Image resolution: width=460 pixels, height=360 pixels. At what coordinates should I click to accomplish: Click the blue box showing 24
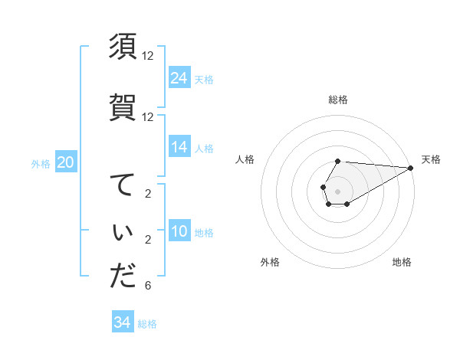tap(179, 78)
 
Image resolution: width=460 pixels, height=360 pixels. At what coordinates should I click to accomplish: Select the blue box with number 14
tap(179, 147)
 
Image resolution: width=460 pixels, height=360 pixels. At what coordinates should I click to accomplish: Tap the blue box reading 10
tap(179, 231)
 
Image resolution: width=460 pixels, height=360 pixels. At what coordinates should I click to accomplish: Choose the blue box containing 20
tap(66, 162)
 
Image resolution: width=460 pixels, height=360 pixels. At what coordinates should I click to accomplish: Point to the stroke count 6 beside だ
tap(147, 286)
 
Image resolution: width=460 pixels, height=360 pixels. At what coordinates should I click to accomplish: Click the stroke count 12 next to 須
tap(148, 56)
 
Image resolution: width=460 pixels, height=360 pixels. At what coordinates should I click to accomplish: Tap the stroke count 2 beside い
tap(147, 241)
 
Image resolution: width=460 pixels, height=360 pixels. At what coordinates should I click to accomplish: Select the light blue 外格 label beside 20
tap(41, 163)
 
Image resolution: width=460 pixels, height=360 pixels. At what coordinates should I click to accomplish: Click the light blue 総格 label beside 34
tap(147, 324)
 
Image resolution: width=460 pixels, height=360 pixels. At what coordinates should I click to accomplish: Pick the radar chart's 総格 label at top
tap(338, 100)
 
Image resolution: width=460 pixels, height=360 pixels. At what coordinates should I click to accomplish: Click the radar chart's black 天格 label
tap(431, 159)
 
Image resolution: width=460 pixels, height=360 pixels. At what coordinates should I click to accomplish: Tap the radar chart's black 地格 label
tap(402, 262)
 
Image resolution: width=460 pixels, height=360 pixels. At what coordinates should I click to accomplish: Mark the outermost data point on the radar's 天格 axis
tap(411, 168)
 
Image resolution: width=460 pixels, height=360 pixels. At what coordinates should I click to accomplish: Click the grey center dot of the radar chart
tap(338, 191)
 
